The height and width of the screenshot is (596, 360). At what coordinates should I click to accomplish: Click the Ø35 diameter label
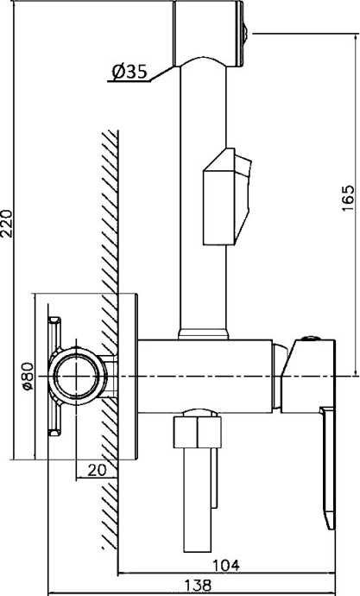click(x=129, y=72)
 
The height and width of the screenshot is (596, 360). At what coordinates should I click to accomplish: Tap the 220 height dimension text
click(x=8, y=223)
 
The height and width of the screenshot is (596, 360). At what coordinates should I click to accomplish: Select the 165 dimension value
click(x=348, y=198)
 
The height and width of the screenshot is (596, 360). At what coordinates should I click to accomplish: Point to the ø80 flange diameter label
click(x=28, y=377)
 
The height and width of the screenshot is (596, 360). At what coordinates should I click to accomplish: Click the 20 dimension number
click(x=98, y=470)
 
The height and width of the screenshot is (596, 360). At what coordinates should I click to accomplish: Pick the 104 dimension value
click(x=225, y=565)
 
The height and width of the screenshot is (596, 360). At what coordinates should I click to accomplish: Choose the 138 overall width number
click(x=198, y=585)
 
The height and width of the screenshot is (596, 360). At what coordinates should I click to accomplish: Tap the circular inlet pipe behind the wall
click(x=78, y=377)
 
